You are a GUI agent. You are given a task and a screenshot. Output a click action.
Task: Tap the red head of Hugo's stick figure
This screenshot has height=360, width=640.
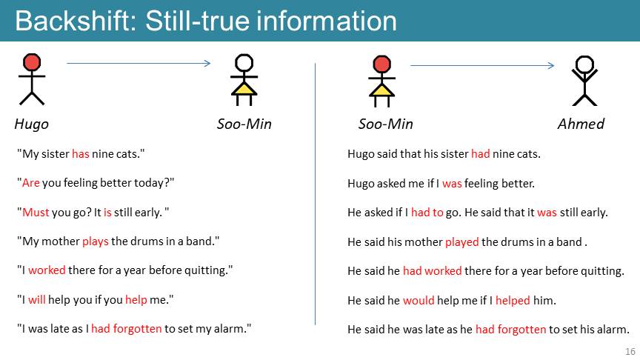[32, 62]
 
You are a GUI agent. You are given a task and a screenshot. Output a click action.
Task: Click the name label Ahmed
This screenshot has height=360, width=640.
[581, 124]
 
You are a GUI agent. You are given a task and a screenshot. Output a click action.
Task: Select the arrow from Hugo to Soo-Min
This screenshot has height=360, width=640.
[139, 63]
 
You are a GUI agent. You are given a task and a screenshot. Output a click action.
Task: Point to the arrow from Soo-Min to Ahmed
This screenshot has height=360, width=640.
[482, 65]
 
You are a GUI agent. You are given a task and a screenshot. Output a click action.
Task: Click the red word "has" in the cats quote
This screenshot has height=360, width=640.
[81, 154]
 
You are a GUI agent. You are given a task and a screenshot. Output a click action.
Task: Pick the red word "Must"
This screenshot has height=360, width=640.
[36, 213]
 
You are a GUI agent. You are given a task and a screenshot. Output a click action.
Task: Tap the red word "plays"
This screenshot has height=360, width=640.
[96, 241]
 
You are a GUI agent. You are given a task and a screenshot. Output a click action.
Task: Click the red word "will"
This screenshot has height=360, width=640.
[37, 299]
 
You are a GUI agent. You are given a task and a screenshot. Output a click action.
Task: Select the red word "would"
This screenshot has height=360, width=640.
[419, 301]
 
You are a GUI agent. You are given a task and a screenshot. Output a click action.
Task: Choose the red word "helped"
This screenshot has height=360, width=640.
[513, 301]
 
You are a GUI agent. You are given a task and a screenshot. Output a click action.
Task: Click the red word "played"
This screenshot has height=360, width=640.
[462, 242]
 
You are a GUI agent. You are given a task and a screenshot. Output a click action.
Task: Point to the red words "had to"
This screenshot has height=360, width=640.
[427, 213]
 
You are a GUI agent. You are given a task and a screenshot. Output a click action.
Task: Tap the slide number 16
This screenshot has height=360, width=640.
[630, 351]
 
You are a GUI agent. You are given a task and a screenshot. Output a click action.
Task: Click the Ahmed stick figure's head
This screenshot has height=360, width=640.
[584, 64]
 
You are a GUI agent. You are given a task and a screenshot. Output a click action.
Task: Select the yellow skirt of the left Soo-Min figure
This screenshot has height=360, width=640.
[244, 89]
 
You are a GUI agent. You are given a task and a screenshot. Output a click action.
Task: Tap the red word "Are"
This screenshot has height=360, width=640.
[30, 183]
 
